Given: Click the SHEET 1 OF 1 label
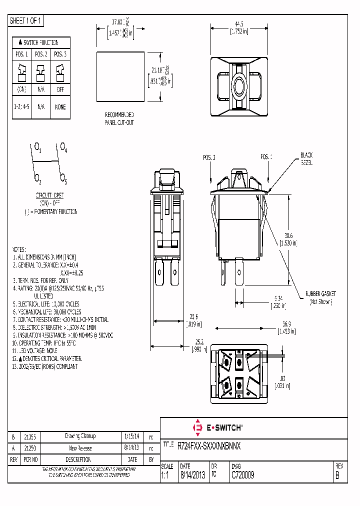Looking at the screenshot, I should coord(26,21).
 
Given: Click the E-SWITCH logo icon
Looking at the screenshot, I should coord(197,427).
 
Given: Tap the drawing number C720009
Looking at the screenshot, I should coord(242,476).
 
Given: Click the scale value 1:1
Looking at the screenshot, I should coord(165,476).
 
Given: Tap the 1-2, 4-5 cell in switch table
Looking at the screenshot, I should coord(22,107).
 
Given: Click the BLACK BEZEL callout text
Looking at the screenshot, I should coord(306,159).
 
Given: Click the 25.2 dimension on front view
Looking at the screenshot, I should coord(199,342).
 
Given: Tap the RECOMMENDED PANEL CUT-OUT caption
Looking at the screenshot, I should coord(119,118).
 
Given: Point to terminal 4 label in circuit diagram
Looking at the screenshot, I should coord(63,147).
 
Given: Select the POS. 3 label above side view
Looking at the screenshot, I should coord(209,157).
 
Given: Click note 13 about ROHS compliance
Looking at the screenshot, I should coord(45,366).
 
